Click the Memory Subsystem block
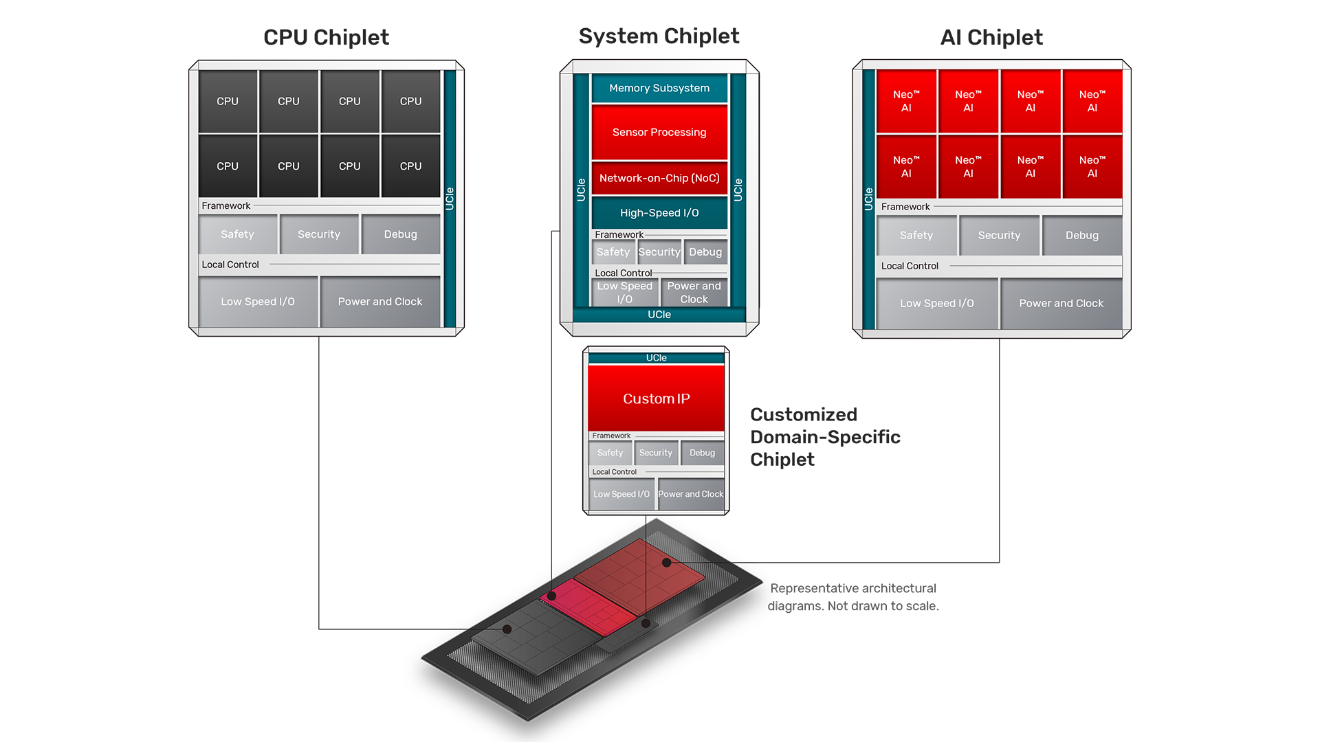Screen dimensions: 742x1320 pos(659,88)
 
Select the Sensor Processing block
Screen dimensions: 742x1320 pos(659,132)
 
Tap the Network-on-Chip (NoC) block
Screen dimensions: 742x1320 pos(659,178)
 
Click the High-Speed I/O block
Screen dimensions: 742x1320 pos(659,213)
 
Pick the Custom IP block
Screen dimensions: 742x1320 pos(656,398)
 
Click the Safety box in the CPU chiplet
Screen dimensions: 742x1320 pos(237,234)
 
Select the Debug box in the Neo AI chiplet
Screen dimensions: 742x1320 pos(1081,236)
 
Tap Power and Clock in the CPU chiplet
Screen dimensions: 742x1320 pos(379,302)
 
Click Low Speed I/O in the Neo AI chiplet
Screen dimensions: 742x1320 pos(936,303)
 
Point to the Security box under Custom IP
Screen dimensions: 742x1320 pos(655,453)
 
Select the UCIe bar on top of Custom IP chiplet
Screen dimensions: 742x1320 pos(656,358)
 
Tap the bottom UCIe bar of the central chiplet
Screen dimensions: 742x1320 pos(659,315)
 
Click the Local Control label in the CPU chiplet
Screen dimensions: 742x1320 pos(230,265)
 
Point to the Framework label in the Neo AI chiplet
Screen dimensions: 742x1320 pos(905,207)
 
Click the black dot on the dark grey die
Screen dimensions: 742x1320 pos(507,629)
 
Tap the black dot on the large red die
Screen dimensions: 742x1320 pos(666,563)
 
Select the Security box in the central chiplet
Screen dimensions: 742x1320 pos(659,252)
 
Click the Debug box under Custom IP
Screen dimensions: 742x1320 pos(702,453)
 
